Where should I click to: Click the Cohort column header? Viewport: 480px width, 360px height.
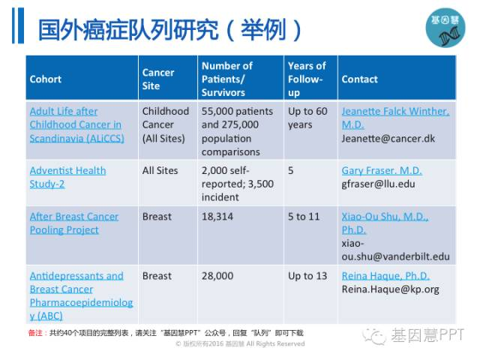pyautogui.click(x=46, y=79)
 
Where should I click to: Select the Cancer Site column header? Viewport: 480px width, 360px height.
pyautogui.click(x=158, y=79)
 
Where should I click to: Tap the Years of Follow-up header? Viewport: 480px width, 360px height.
pyautogui.click(x=307, y=79)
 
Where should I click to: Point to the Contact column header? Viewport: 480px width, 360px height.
pyautogui.click(x=360, y=79)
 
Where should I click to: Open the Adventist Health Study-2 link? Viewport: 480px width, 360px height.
pyautogui.click(x=68, y=177)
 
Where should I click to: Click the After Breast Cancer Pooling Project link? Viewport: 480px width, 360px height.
pyautogui.click(x=74, y=223)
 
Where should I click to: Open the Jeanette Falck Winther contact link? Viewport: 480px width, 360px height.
pyautogui.click(x=395, y=118)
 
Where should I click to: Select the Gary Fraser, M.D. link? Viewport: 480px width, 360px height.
pyautogui.click(x=382, y=170)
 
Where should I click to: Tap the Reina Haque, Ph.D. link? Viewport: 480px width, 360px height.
pyautogui.click(x=385, y=276)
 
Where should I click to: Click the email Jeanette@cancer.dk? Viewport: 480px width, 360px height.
pyautogui.click(x=388, y=139)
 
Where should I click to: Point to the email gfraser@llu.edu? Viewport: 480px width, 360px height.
pyautogui.click(x=378, y=184)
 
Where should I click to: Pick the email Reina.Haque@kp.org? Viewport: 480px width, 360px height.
pyautogui.click(x=390, y=289)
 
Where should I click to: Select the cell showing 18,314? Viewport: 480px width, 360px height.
pyautogui.click(x=217, y=217)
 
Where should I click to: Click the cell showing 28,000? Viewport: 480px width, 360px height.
pyautogui.click(x=217, y=276)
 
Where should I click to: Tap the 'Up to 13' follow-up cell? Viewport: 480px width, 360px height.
pyautogui.click(x=307, y=276)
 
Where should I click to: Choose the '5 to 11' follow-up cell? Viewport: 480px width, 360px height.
pyautogui.click(x=304, y=217)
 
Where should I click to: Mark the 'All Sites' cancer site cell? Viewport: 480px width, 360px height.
pyautogui.click(x=160, y=170)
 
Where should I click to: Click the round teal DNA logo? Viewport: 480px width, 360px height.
pyautogui.click(x=445, y=28)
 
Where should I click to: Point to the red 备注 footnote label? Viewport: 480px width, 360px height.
pyautogui.click(x=36, y=333)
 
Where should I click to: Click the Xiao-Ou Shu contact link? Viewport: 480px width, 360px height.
pyautogui.click(x=385, y=223)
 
